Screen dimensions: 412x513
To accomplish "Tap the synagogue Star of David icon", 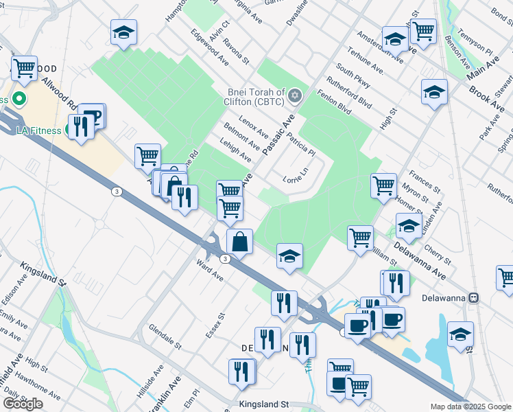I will tap(295, 95).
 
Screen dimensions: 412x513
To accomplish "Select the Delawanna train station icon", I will tap(483, 298).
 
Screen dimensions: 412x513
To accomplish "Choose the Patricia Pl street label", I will tap(301, 144).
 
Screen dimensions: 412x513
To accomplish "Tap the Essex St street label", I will tap(215, 327).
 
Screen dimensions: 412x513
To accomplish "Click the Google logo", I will tap(23, 404).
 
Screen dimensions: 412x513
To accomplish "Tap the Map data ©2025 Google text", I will tap(470, 407).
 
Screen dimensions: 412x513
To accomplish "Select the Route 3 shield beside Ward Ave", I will tap(225, 258).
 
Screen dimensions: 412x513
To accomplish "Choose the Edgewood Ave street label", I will tap(210, 46).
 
